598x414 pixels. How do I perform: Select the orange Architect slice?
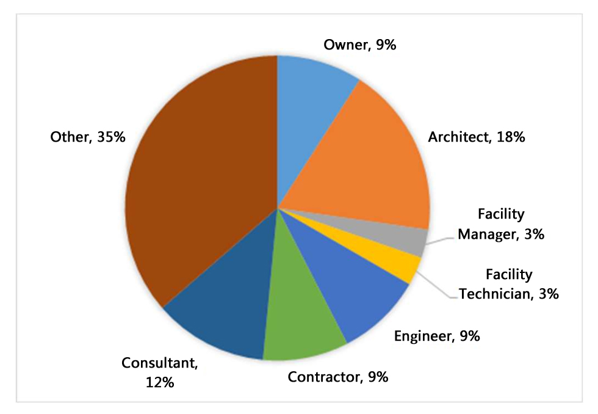coord(366,165)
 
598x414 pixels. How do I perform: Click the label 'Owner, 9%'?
coord(360,45)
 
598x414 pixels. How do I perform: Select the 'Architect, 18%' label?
coord(477,137)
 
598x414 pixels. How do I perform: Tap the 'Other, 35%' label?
coord(88,137)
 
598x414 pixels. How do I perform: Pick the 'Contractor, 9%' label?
coord(338,377)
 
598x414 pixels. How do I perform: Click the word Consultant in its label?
coord(160,364)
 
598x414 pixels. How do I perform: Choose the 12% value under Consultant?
coord(160,383)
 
